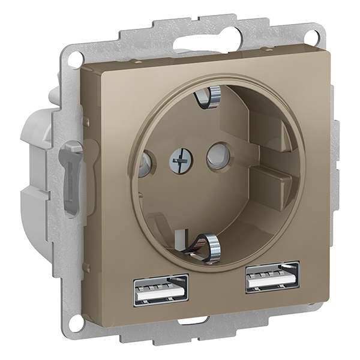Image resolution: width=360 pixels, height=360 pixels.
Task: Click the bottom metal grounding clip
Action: [x=213, y=246]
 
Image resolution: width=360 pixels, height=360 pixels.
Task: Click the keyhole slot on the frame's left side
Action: [x=70, y=174]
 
